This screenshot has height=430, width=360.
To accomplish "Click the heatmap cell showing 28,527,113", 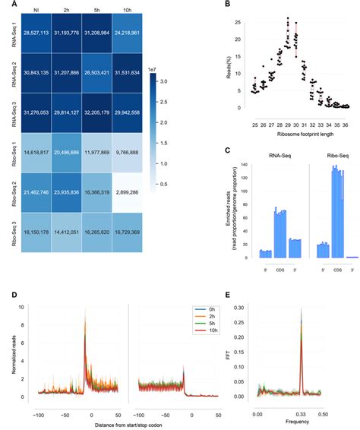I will click(36, 35).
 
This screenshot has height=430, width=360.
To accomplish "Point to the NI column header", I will click(36, 10).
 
